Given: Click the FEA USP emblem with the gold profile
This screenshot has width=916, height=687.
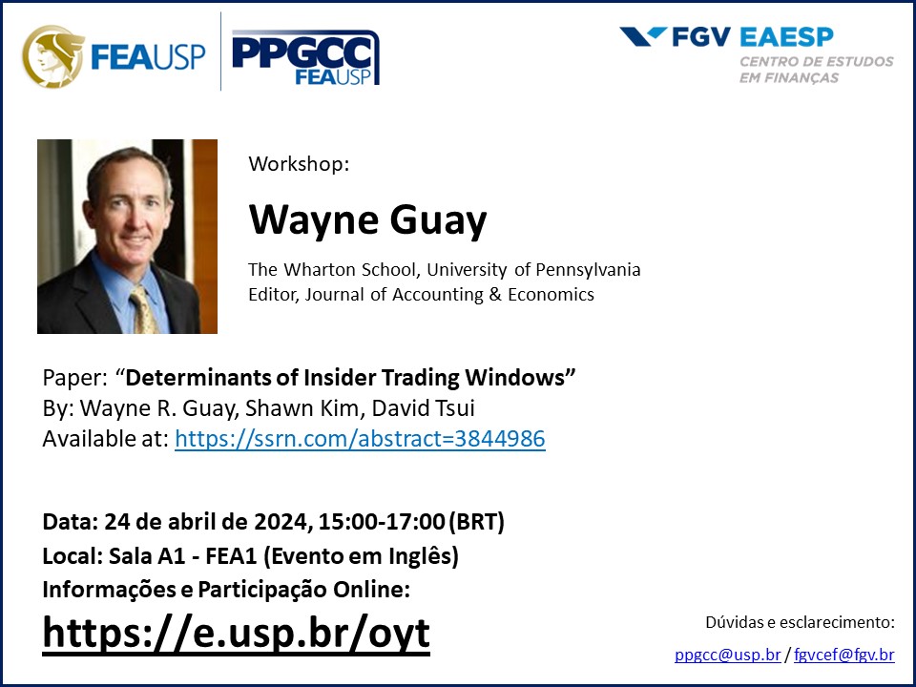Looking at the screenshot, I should tap(53, 53).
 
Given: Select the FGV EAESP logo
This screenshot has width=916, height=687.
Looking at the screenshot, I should tap(727, 37).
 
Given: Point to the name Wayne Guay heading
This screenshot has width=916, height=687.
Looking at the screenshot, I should tap(367, 220).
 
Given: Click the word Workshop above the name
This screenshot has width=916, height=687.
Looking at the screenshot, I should tap(299, 163).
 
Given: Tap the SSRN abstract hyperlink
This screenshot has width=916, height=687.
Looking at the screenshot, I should tap(360, 440).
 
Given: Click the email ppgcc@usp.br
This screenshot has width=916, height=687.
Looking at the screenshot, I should tap(727, 655).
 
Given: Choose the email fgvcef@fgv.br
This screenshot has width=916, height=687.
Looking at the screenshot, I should tap(844, 655).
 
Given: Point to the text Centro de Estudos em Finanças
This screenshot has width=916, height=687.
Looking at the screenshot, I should tap(816, 69).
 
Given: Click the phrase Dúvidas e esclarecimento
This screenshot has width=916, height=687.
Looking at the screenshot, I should tap(800, 623).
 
